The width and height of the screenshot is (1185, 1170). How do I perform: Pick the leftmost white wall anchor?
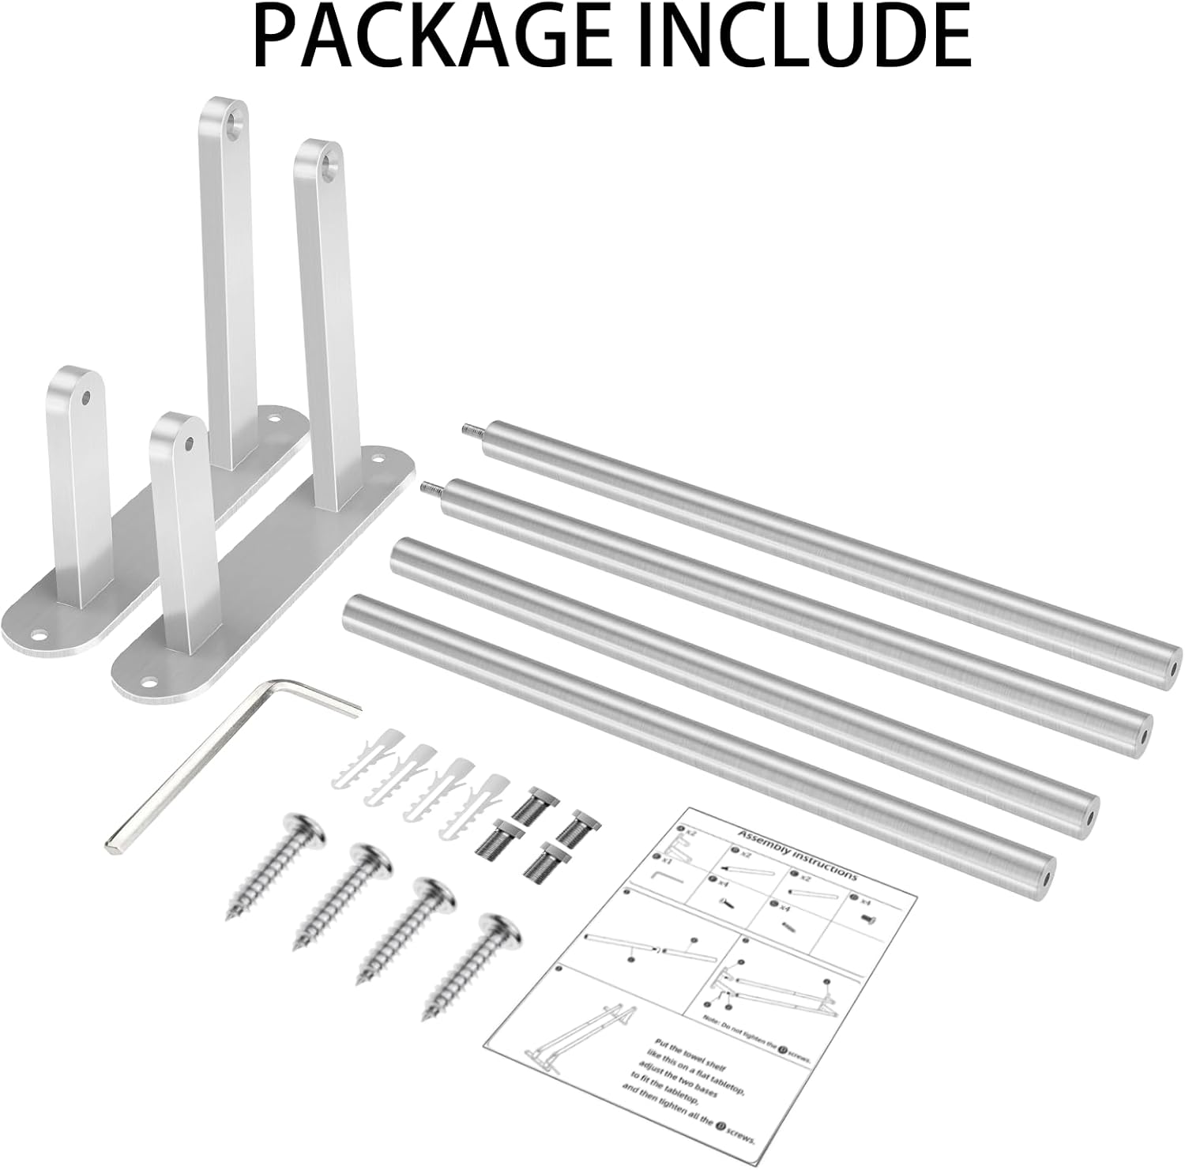coord(375,757)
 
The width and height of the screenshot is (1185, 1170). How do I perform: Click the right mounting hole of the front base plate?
coord(378,459)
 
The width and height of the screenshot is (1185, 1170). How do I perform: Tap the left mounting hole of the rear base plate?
coord(38,634)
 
